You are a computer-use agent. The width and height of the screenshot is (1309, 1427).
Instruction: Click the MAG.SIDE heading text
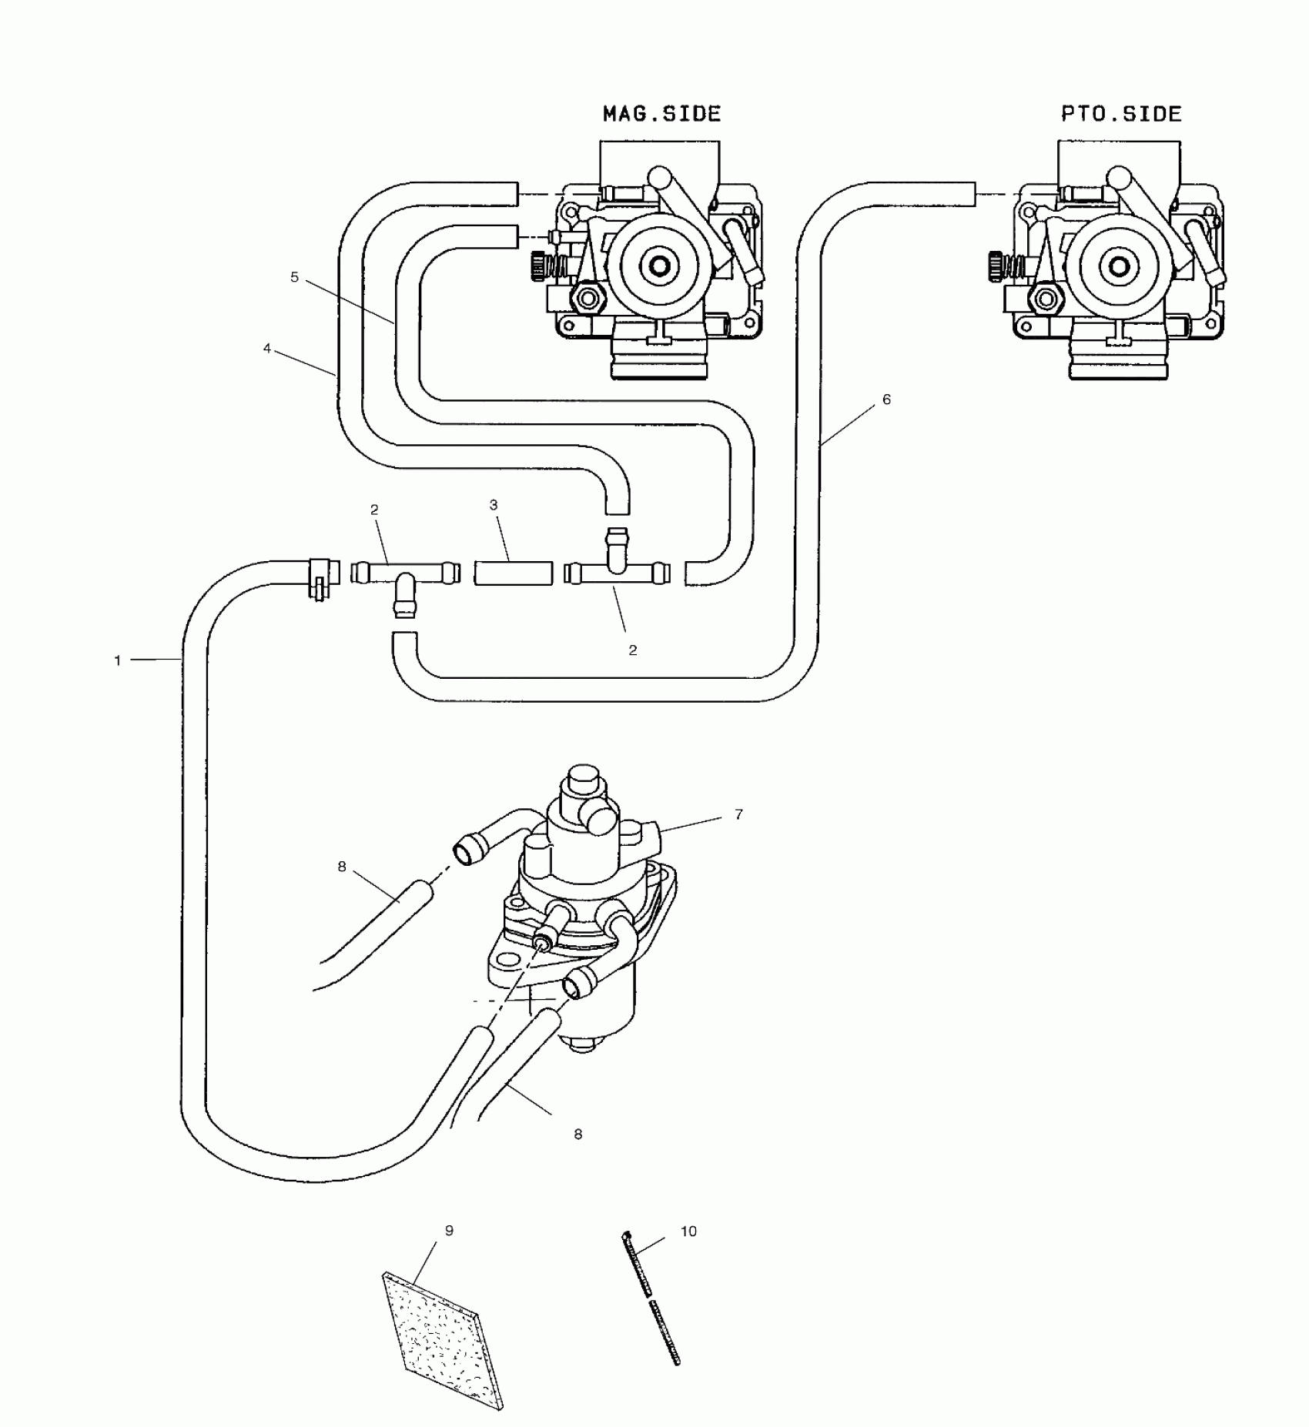661,114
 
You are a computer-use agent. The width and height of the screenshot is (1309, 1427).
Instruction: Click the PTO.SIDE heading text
1120,114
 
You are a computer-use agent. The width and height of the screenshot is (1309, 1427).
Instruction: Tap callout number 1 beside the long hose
118,660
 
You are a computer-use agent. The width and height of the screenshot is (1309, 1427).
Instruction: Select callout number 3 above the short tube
494,505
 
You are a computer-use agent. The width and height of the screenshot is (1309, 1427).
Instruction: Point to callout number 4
267,349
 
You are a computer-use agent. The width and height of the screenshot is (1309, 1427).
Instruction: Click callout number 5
294,277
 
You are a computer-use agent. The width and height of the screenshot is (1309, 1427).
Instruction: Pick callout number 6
886,399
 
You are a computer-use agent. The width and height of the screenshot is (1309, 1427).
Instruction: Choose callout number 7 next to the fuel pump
738,814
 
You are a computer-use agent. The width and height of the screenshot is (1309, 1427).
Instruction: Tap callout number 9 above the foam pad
449,1231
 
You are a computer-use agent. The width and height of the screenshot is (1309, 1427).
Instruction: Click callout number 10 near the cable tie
688,1231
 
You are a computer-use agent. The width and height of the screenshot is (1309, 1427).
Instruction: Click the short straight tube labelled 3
513,573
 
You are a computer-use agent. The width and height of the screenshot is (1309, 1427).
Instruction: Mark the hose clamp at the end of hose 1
320,576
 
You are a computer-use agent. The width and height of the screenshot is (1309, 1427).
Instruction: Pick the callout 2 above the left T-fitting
374,510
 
